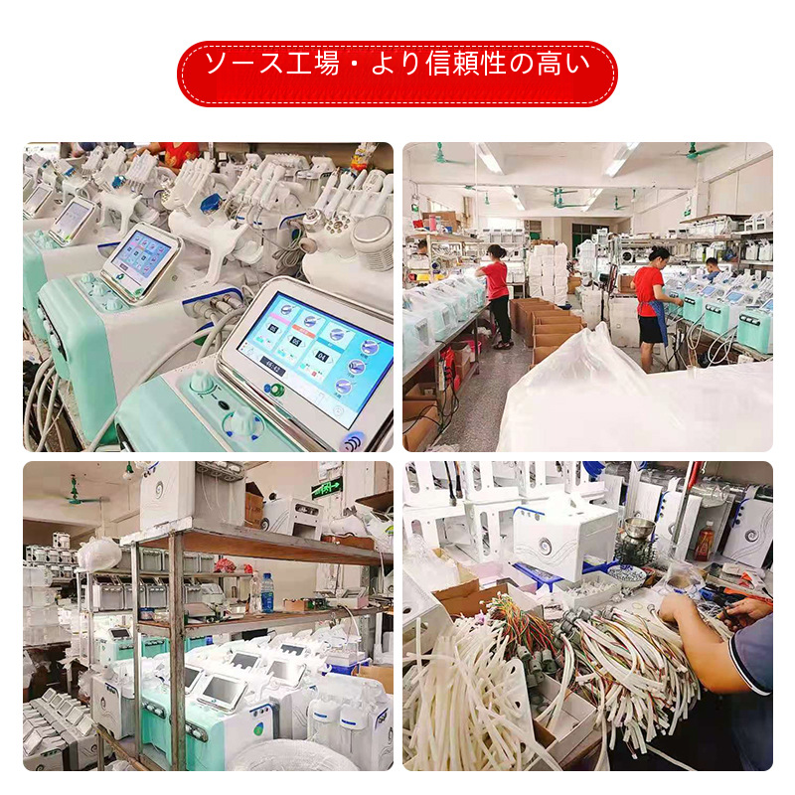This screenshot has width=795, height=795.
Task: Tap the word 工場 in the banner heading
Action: point(312,64)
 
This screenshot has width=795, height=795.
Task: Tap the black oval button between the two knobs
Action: point(223,404)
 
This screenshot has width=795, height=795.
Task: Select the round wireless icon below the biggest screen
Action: point(354,440)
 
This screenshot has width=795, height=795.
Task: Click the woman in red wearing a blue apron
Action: point(651,308)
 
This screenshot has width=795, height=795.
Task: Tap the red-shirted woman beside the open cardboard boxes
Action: point(497,295)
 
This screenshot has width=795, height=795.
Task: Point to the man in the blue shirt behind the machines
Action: point(712,268)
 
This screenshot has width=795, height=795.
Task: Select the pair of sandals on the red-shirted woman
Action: point(503,345)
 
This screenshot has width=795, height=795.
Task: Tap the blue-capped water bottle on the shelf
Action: point(267,592)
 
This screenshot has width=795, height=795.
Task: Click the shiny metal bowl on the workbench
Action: point(639,528)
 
